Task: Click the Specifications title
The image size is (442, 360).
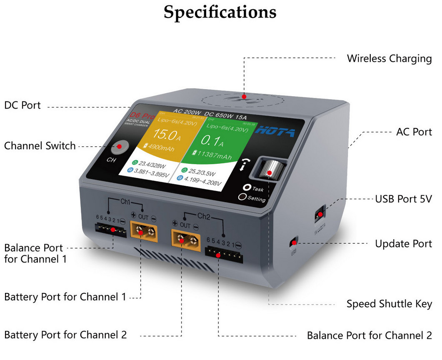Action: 220,12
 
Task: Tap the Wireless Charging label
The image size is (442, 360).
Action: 389,58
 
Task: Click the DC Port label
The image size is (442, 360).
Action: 22,105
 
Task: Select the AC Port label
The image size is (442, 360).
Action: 414,132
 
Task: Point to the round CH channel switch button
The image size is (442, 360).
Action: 120,147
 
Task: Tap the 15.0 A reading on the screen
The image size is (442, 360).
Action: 165,135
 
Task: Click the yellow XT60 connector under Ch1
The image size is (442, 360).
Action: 144,231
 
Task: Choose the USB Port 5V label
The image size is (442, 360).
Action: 403,199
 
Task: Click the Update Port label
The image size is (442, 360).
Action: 403,243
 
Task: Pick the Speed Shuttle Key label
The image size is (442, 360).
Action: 389,304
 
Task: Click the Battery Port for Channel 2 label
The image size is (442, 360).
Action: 65,335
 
